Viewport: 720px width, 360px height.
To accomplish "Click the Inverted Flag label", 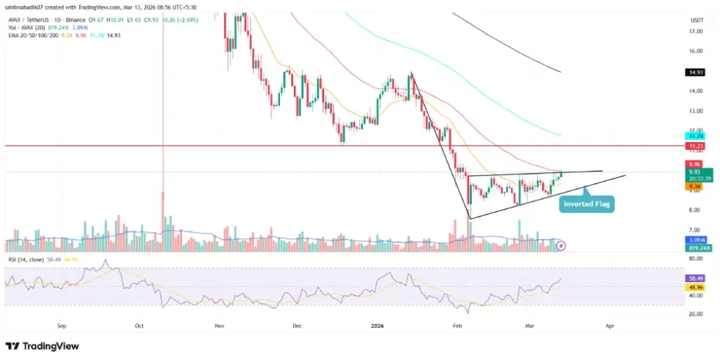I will click(586, 205).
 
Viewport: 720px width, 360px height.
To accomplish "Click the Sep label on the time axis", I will click(62, 326).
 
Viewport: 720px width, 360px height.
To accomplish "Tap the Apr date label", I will click(610, 326).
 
